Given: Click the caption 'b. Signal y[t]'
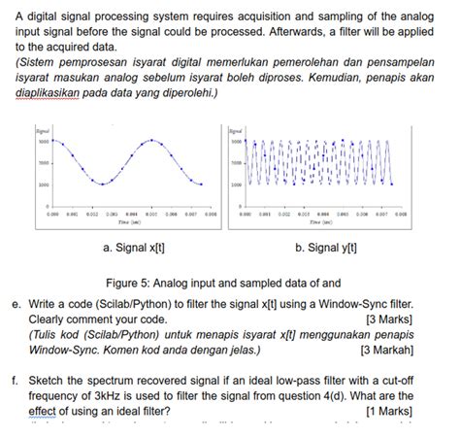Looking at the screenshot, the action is coord(326,248).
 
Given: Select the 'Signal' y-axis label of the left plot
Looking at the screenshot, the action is coord(42,128).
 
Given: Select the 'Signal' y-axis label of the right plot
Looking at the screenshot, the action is coord(237,128).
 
